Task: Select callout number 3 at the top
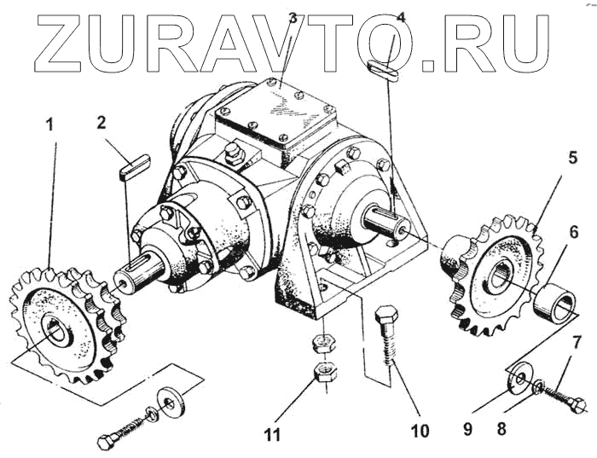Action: (292, 17)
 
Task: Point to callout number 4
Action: (402, 17)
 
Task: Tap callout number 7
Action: (577, 344)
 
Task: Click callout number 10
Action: (420, 431)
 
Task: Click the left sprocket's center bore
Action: (56, 328)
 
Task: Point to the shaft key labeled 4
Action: (383, 70)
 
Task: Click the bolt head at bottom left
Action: (107, 442)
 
